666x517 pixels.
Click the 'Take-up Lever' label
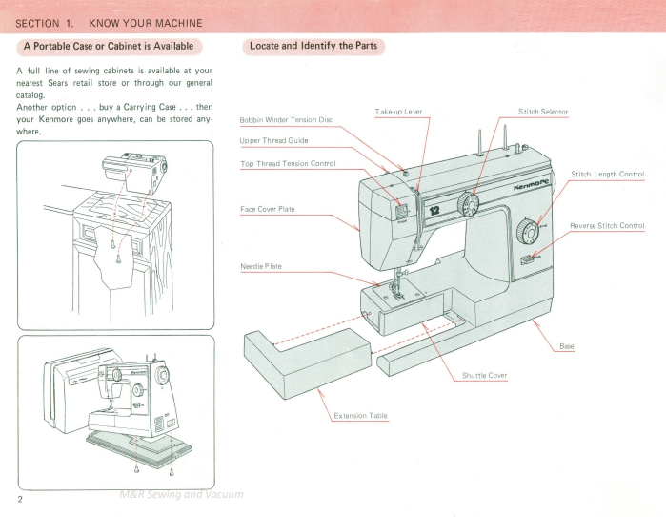[x=399, y=112]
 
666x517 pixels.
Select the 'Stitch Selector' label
[x=543, y=112]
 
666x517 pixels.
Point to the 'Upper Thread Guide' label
[x=273, y=141]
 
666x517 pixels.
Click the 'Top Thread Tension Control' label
[x=288, y=164]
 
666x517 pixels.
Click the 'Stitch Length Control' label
[x=608, y=174]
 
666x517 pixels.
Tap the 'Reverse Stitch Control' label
[x=607, y=225]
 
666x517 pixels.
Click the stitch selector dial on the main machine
[x=468, y=203]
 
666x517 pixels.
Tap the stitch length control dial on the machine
[x=526, y=230]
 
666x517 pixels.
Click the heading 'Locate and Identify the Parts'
[x=313, y=46]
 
